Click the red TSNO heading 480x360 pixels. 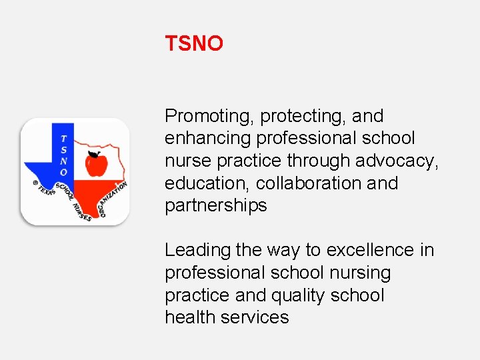(x=194, y=44)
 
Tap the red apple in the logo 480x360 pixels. (x=96, y=164)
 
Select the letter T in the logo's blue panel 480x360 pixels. (x=63, y=139)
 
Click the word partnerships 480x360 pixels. (x=216, y=205)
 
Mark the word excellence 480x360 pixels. (x=371, y=250)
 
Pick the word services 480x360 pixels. (x=257, y=317)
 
